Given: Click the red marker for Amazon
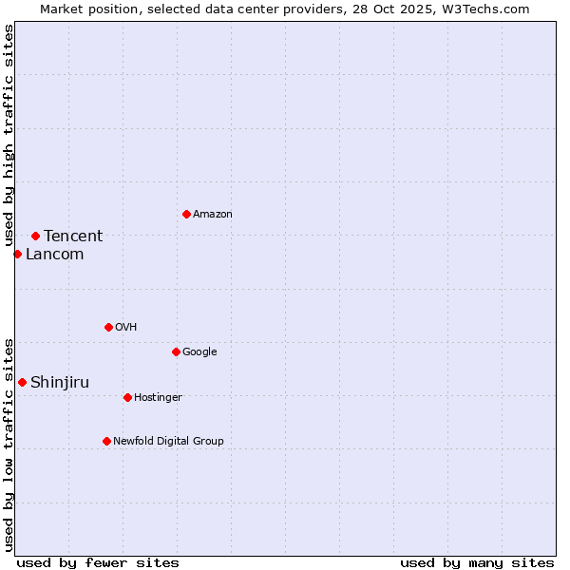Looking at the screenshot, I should coord(186,214).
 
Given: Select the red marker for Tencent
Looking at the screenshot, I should coord(35,236).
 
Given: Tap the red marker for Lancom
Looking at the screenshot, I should coord(17,254).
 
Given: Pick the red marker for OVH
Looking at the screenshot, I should coord(108,327).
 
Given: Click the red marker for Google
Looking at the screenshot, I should coord(176,351).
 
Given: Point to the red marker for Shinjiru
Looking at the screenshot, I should coord(22,382).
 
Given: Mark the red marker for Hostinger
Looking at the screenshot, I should coord(127,397).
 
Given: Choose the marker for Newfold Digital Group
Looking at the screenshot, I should coord(106,441).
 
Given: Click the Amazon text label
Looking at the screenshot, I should coord(213,215).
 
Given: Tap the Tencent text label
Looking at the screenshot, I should coord(73,237).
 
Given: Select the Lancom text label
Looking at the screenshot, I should coord(54,255).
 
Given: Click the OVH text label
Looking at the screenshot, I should coord(126,328).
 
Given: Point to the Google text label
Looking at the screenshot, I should coord(199,352).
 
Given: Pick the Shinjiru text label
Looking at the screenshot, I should coord(60,383).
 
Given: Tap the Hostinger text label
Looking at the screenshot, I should coord(158,398).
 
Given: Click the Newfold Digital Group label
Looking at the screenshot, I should coord(168,442).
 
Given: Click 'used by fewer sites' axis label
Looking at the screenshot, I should coord(98,562).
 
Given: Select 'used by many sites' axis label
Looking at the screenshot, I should coord(477,562).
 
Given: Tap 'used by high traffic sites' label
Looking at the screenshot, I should coord(9,136).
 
